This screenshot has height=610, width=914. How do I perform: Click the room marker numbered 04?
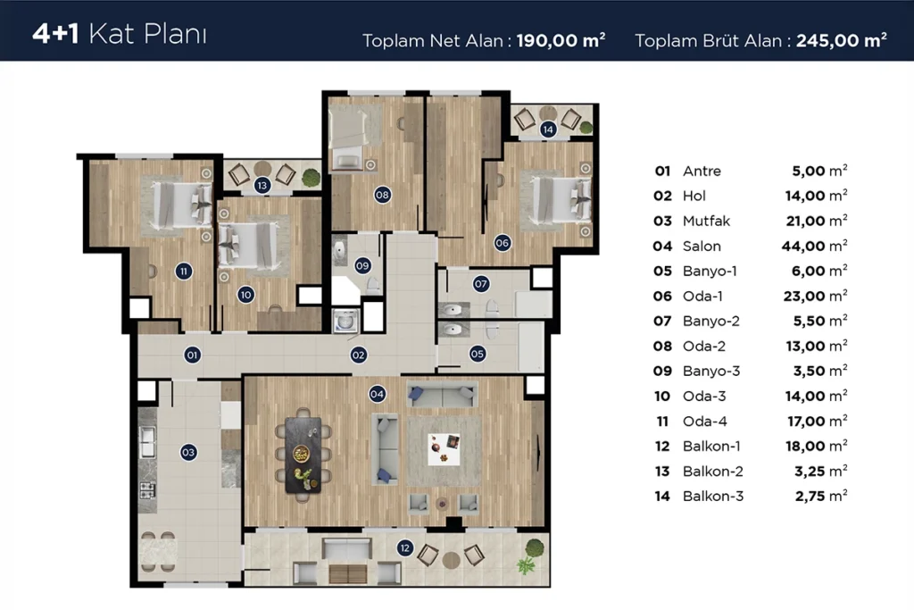(377, 394)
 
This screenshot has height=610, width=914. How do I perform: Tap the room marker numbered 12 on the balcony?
(404, 547)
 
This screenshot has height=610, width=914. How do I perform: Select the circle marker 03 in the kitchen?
(187, 452)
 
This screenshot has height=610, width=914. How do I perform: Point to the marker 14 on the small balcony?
(547, 130)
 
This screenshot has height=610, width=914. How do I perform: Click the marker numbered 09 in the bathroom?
(362, 266)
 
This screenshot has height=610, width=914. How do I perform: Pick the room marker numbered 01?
(193, 355)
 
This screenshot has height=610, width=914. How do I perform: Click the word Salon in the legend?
(702, 247)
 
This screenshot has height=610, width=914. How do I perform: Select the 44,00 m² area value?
(814, 246)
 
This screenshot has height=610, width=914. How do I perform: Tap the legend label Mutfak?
(707, 221)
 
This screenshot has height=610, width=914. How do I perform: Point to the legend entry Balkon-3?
(713, 497)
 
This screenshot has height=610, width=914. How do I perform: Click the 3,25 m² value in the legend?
(821, 471)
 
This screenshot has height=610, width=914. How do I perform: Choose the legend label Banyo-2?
(711, 321)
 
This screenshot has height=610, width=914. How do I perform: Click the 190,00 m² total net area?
(561, 40)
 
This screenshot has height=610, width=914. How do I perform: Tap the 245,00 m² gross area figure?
(842, 40)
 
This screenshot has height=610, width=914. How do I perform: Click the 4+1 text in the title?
(55, 34)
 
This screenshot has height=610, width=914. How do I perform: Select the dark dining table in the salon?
(303, 455)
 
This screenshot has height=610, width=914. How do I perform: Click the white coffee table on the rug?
(444, 449)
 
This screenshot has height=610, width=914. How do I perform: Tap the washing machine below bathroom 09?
(345, 321)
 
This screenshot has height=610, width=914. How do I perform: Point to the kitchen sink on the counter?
(147, 441)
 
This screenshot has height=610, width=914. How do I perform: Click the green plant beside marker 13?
(312, 177)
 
